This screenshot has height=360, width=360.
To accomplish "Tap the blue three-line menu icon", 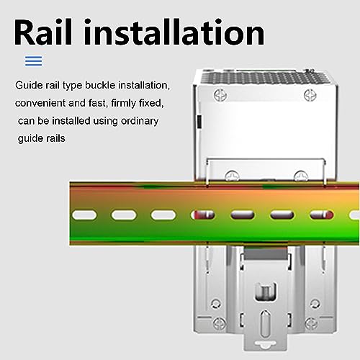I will tap(33, 60).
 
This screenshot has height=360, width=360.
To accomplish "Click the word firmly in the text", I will tap(123, 103).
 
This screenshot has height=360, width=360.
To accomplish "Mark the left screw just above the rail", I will tap(233, 173).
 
